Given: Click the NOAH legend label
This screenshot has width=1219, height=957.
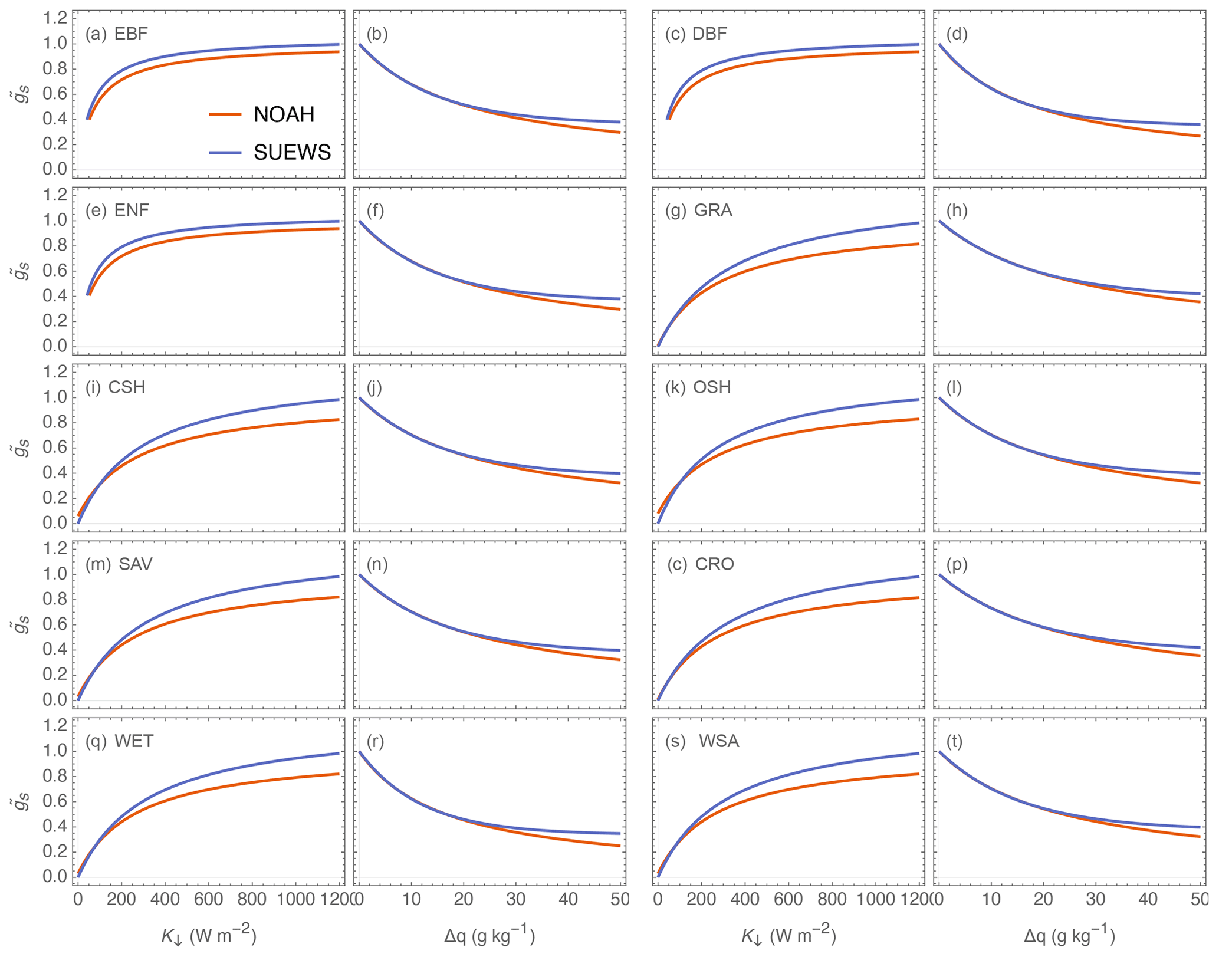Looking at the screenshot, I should [x=284, y=114].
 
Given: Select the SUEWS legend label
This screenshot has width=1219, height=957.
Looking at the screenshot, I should [x=292, y=153].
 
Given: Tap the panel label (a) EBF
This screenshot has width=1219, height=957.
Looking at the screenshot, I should [x=116, y=34].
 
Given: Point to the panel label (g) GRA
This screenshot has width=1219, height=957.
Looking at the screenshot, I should [x=699, y=211].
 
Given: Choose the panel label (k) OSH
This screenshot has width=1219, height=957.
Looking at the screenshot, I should [x=698, y=387].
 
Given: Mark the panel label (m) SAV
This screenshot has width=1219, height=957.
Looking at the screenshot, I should [x=119, y=564].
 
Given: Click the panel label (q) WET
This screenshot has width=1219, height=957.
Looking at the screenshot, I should [x=119, y=741].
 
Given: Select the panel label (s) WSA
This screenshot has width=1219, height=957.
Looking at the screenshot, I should [x=702, y=741].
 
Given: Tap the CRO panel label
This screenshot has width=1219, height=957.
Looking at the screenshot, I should [x=701, y=564].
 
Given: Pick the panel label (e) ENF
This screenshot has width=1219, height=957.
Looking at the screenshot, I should [x=117, y=211].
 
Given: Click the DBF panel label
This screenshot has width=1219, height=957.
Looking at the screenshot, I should [x=696, y=34].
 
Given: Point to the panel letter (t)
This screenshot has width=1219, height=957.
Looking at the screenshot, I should [x=954, y=741].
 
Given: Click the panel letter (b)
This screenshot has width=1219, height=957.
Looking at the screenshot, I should [x=377, y=34].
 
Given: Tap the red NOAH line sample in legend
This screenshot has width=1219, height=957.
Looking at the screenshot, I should [x=225, y=114].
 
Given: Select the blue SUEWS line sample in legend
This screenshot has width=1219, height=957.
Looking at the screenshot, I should [x=225, y=153].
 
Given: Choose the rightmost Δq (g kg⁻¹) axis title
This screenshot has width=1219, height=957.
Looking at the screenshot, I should [x=1069, y=936].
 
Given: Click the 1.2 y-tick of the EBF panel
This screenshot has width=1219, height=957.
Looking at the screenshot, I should [x=55, y=18].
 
